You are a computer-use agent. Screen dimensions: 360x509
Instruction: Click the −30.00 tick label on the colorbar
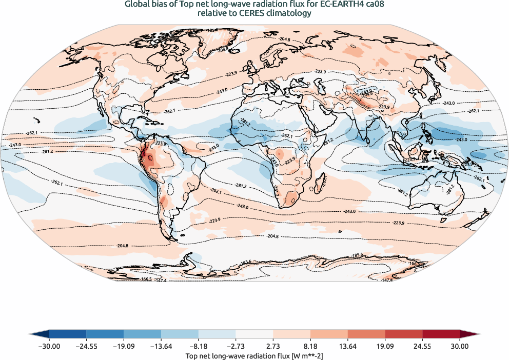click(x=49, y=347)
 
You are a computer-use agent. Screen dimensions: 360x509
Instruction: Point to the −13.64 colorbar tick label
click(x=161, y=347)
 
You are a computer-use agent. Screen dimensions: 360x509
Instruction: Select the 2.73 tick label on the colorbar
click(x=273, y=347)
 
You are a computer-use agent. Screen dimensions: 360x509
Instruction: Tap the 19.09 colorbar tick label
click(x=385, y=347)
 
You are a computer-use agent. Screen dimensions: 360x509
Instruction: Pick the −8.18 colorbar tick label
click(x=199, y=347)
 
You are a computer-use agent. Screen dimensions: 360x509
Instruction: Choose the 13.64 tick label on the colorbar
click(x=348, y=347)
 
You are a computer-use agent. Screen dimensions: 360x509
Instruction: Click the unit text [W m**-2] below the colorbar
click(x=304, y=355)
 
